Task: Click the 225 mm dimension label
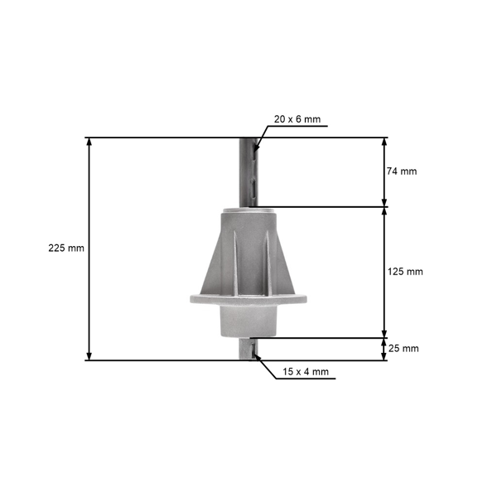[66, 248]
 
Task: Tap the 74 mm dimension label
[402, 171]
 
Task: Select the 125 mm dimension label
[405, 272]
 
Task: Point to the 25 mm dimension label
[403, 349]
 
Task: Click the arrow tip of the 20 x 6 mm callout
[256, 149]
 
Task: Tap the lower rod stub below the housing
[248, 349]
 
